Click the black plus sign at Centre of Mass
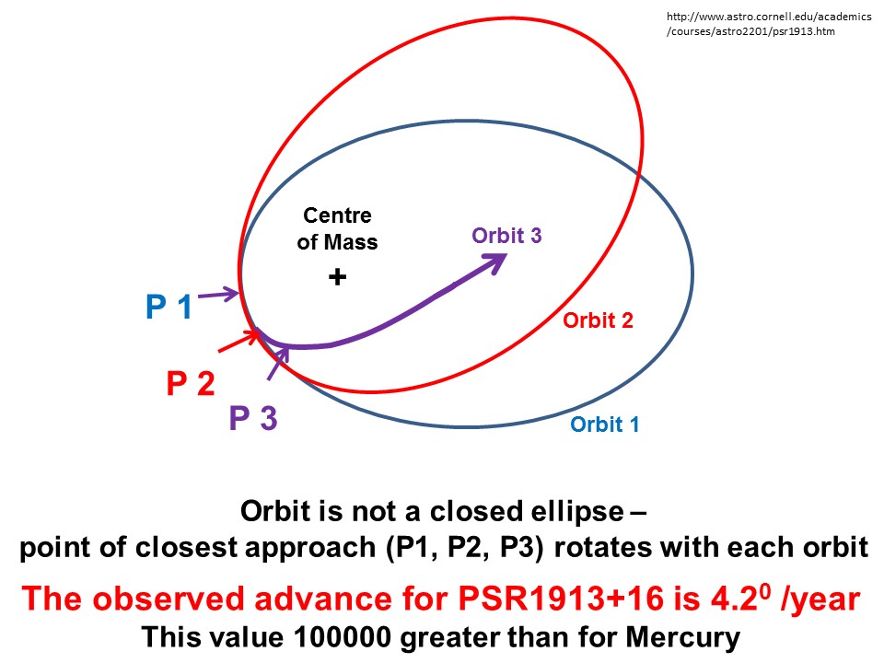point(337,276)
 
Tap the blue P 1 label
point(169,307)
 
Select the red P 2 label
point(190,382)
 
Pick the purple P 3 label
point(253,419)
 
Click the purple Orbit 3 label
point(506,235)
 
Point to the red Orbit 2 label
point(598,320)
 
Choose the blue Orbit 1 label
point(605,425)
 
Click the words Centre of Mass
point(338,229)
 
